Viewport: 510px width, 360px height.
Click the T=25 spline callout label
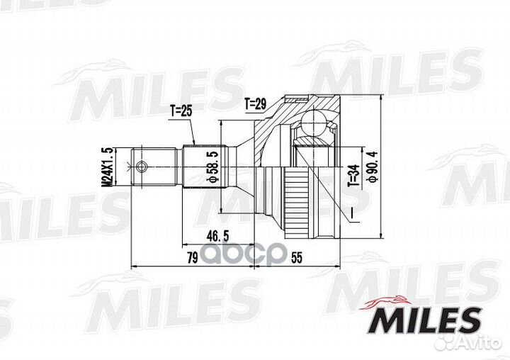click(x=181, y=111)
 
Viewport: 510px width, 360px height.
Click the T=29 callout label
click(x=255, y=104)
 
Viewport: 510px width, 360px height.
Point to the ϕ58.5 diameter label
click(x=213, y=167)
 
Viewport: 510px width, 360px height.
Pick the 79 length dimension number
click(x=193, y=258)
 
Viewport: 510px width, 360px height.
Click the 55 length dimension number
click(x=297, y=258)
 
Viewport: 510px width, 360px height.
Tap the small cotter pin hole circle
click(x=141, y=167)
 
